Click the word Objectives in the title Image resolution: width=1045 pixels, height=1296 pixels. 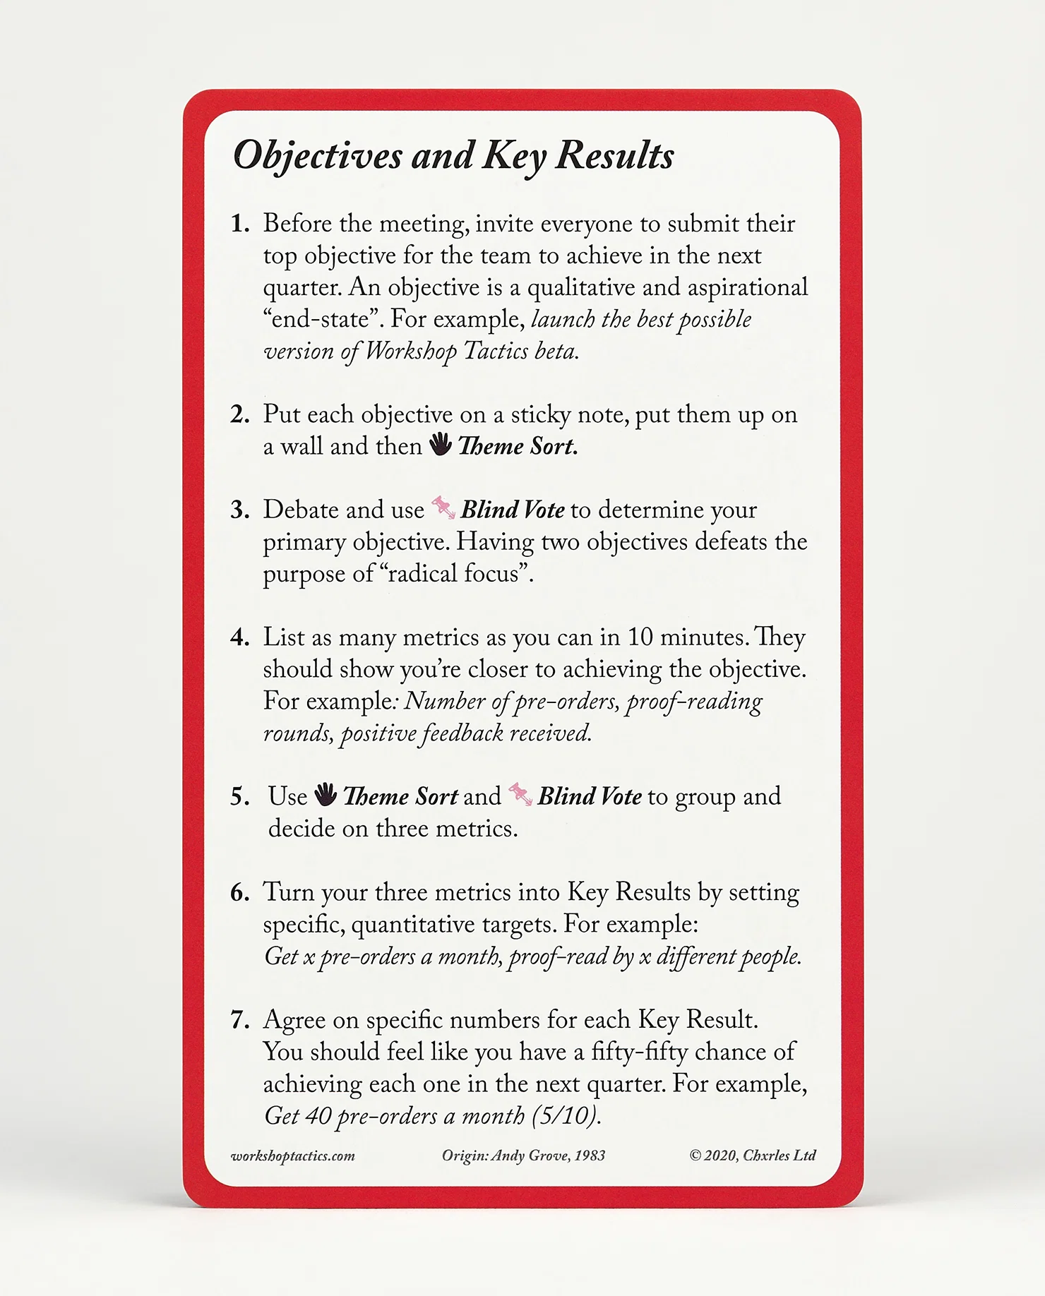(x=318, y=156)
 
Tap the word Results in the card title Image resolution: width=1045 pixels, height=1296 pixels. (x=615, y=156)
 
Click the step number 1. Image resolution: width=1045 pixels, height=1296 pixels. (x=240, y=224)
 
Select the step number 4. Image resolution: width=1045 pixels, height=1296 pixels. (x=240, y=637)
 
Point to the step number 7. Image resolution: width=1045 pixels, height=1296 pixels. (x=240, y=1020)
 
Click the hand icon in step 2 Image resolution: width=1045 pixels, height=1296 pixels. (x=441, y=445)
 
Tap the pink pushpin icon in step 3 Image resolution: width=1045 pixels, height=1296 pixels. (x=443, y=508)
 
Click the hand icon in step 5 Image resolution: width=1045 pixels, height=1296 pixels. (x=326, y=795)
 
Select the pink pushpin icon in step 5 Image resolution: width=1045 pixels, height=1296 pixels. (x=520, y=794)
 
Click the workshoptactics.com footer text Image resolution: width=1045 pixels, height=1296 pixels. (x=293, y=1156)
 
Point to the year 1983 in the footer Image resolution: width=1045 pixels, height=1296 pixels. (x=590, y=1156)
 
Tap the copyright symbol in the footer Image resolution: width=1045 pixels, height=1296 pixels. (x=695, y=1156)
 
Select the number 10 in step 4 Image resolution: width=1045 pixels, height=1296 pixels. (x=640, y=637)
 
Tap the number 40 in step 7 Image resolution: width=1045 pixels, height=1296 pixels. (x=318, y=1116)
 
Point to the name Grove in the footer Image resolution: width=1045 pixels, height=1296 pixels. (x=549, y=1156)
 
